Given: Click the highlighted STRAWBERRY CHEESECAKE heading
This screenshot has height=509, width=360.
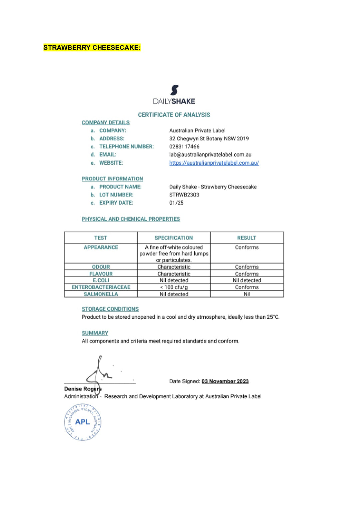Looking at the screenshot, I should pos(92,48).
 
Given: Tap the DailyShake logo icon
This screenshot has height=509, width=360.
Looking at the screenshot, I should pos(174,90).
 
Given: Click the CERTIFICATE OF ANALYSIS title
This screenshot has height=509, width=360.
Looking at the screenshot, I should pos(174,115).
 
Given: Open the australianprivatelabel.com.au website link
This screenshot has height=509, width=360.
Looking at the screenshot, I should pos(214,163).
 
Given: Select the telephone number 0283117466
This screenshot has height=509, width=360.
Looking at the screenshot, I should pos(184,146).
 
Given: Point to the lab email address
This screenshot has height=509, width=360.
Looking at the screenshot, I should pos(210,154).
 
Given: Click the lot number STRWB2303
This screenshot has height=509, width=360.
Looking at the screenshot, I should pos(184,195).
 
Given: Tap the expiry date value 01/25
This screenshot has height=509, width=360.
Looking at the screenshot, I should pos(176,203).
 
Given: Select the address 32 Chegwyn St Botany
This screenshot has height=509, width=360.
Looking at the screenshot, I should pos(209,138).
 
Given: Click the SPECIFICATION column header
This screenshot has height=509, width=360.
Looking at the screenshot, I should pos(174,238).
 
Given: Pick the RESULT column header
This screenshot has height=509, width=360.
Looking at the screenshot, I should pos(247,238).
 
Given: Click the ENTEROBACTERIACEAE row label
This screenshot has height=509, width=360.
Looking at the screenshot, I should pos(101,287).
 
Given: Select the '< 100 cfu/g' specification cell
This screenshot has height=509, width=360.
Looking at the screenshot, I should pos(174,287).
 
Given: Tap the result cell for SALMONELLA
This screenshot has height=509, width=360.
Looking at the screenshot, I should pos(247,294).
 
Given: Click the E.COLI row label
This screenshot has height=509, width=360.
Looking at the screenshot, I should pos(101,281).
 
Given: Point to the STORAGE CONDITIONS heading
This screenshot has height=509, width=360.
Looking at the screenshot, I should pos(110,309).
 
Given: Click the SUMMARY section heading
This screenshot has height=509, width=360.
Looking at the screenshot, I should pos(95,333).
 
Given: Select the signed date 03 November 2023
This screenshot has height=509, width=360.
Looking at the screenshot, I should pos(225,381).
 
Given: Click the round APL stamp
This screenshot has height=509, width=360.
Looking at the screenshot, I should pos(82,422).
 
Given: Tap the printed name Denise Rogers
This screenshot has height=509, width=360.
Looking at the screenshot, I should pos(83,389).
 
